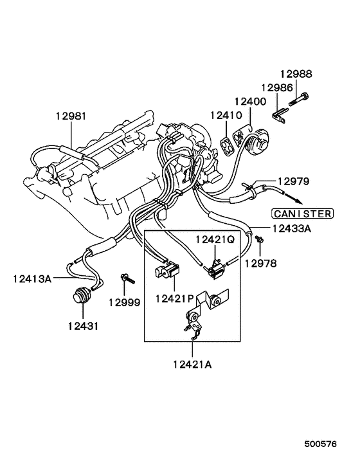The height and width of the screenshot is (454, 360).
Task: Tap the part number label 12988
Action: [296, 75]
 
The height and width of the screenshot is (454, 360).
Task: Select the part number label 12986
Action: [277, 87]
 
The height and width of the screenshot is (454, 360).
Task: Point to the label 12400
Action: [251, 102]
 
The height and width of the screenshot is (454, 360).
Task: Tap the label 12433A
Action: [291, 227]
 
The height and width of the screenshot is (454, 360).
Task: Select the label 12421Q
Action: [216, 240]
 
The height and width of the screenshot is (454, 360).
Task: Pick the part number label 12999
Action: [124, 302]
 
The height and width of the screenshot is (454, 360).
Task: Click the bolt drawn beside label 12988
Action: [301, 100]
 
